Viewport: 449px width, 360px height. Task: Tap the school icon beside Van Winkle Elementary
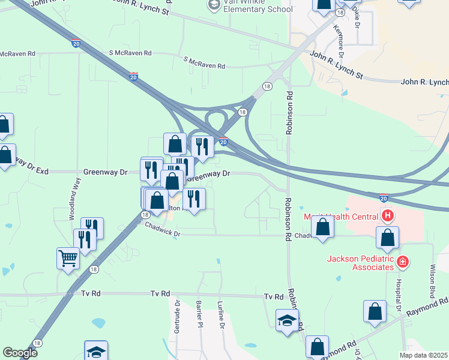click(x=213, y=5)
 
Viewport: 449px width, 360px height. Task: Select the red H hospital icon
click(x=388, y=215)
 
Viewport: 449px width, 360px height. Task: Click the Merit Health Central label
click(x=340, y=217)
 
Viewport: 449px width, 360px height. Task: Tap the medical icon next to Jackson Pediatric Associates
click(x=402, y=261)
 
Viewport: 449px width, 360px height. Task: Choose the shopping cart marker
click(x=68, y=259)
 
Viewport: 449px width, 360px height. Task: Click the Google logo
click(x=20, y=353)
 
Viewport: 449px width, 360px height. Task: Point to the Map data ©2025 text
click(x=424, y=355)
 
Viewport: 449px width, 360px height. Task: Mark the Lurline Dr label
click(x=221, y=314)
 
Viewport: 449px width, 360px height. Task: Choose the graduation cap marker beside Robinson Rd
click(x=287, y=320)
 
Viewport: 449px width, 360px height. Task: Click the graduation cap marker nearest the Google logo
click(x=96, y=352)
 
